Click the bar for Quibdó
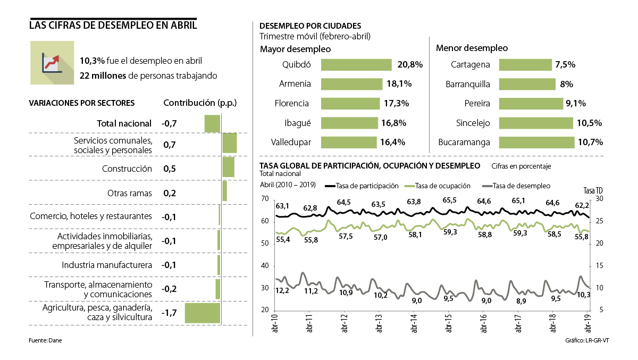pos(356,65)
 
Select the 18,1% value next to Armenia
pos(399,84)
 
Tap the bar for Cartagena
pos(525,65)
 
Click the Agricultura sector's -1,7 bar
pos(202,313)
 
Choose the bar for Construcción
pos(228,168)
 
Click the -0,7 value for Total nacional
pos(169,123)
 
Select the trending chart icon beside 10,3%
pos(52,63)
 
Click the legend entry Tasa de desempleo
pos(521,186)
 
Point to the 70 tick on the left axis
pos(264,199)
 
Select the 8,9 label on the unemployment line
pos(521,301)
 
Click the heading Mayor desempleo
pos(295,49)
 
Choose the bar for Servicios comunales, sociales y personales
pos(229,144)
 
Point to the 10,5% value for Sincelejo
pos(589,123)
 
